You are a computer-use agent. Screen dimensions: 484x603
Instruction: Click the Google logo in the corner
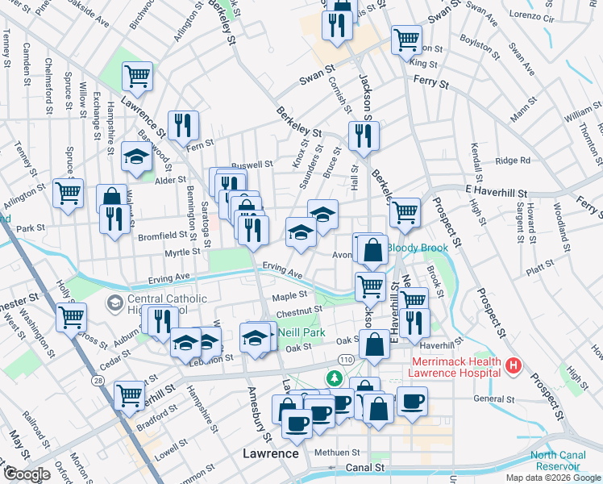(x=26, y=474)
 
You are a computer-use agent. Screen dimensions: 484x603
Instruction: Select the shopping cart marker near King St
(x=406, y=39)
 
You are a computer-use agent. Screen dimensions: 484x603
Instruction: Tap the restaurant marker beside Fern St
(x=184, y=124)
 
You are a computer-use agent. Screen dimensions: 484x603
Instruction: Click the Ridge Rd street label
(x=513, y=161)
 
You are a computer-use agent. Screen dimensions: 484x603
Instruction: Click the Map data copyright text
(x=552, y=478)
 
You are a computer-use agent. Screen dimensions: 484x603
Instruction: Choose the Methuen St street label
(x=336, y=452)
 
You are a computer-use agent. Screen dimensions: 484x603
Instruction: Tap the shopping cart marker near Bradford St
(x=130, y=395)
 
